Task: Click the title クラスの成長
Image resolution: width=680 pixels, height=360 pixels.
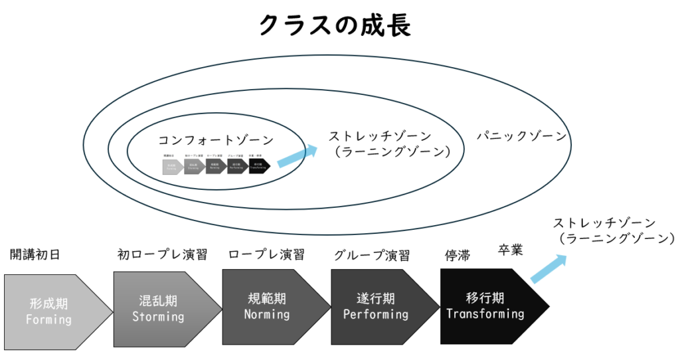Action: click(x=335, y=25)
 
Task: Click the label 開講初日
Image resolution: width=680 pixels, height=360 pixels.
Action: click(x=35, y=254)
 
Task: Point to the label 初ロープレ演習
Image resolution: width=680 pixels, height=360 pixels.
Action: click(x=162, y=254)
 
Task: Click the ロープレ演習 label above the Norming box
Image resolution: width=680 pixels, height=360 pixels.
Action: click(x=266, y=254)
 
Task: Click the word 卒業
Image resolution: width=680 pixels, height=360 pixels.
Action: click(x=511, y=250)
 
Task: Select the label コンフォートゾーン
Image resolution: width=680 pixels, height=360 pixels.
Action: click(x=216, y=140)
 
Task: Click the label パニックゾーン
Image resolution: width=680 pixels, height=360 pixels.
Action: click(x=522, y=136)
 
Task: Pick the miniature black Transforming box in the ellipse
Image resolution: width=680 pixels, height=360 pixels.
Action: click(x=260, y=166)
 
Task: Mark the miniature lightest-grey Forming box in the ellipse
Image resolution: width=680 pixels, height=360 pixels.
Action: click(x=171, y=166)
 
